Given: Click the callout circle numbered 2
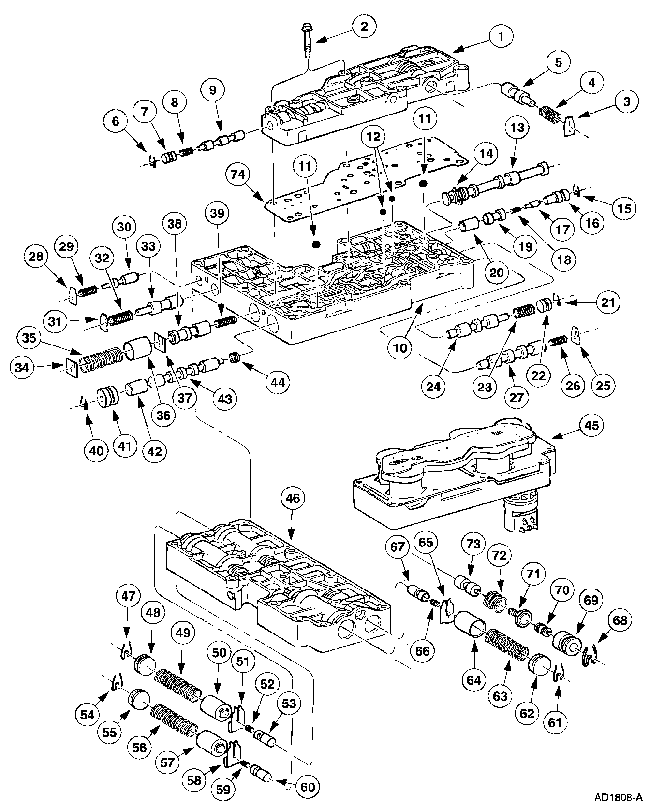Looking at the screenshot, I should [364, 26].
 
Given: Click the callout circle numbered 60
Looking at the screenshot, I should [308, 787].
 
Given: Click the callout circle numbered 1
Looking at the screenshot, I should [501, 35].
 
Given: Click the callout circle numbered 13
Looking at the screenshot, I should [517, 128].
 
